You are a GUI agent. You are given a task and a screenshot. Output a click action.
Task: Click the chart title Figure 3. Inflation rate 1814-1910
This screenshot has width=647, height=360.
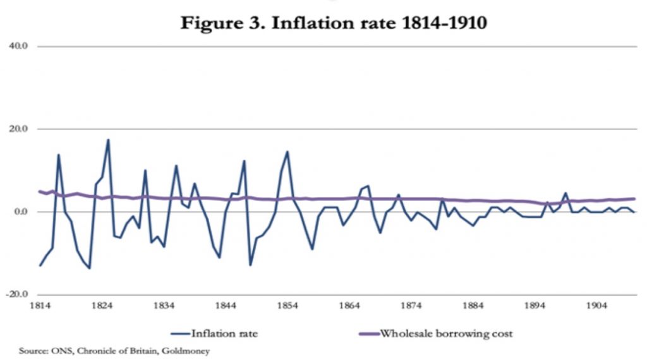(334, 23)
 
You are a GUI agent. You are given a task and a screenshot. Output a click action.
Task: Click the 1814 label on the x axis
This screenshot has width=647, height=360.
(40, 306)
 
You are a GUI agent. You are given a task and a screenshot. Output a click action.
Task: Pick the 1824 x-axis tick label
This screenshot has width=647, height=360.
(102, 306)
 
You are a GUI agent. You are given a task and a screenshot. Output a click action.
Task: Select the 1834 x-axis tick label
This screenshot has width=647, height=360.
(164, 306)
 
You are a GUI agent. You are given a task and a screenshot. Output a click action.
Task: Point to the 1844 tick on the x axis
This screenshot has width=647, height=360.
(226, 306)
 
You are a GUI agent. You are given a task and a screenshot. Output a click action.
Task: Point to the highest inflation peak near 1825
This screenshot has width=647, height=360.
(108, 140)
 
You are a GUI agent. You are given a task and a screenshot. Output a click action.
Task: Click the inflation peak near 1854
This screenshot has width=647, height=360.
(287, 152)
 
